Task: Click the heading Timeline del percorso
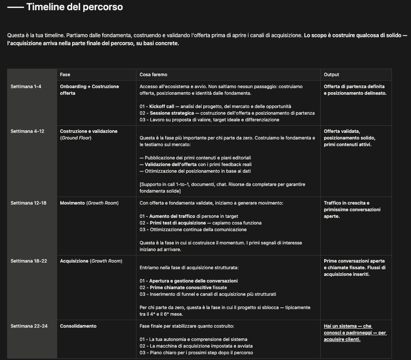[74, 7]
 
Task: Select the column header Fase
[65, 74]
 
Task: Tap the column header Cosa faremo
[153, 74]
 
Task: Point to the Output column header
[331, 74]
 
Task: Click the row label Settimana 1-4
[26, 86]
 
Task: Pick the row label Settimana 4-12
[27, 131]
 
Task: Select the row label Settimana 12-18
[29, 203]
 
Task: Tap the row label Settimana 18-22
[29, 261]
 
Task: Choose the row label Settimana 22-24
[29, 326]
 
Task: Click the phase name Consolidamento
[78, 326]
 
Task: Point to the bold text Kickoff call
[162, 106]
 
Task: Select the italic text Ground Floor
[77, 138]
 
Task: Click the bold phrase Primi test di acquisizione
[177, 223]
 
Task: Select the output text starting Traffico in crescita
[352, 209]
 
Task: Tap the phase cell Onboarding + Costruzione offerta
[89, 89]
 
